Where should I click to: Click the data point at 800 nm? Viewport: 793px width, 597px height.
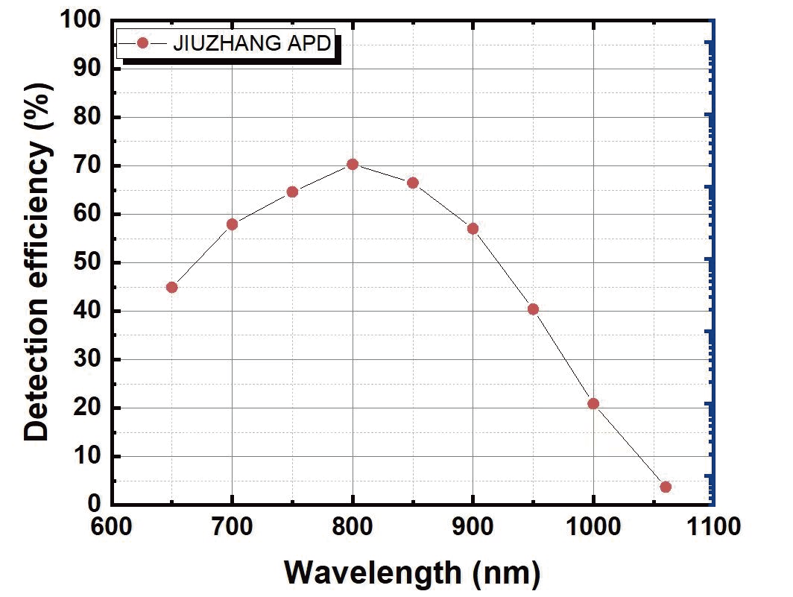[353, 164]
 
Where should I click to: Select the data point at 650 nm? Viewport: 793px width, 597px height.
[172, 287]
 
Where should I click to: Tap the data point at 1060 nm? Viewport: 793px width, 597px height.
[666, 487]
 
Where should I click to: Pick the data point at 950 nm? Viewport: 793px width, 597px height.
[533, 309]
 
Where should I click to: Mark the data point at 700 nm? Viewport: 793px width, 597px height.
[232, 224]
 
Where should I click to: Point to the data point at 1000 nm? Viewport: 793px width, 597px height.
[593, 404]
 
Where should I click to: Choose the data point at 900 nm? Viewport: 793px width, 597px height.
[473, 228]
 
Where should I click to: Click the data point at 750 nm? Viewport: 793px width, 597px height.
[292, 192]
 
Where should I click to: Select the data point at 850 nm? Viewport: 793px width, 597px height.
[413, 183]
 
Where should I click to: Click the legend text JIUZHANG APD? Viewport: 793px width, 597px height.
[251, 43]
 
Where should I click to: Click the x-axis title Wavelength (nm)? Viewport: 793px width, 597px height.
[412, 572]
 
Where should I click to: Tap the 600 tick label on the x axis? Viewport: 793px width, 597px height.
[112, 528]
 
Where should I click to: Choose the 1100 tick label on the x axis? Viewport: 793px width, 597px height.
[713, 528]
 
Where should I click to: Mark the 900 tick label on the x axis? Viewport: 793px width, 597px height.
[473, 528]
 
